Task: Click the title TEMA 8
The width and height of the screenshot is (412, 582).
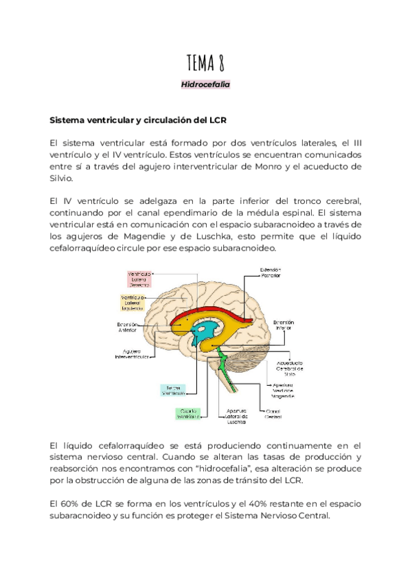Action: pyautogui.click(x=205, y=63)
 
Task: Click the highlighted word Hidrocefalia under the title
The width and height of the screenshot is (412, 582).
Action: pyautogui.click(x=205, y=84)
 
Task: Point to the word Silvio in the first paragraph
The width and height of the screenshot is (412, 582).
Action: pyautogui.click(x=64, y=178)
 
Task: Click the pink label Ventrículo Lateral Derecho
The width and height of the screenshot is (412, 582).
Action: pyautogui.click(x=139, y=279)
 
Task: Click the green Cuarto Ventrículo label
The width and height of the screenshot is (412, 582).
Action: pyautogui.click(x=186, y=412)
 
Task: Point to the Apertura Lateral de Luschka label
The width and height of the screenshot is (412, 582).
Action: pyautogui.click(x=226, y=415)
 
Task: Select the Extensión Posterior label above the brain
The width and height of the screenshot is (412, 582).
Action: pyautogui.click(x=269, y=274)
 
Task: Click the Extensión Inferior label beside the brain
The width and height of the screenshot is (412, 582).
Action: pyautogui.click(x=284, y=324)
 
